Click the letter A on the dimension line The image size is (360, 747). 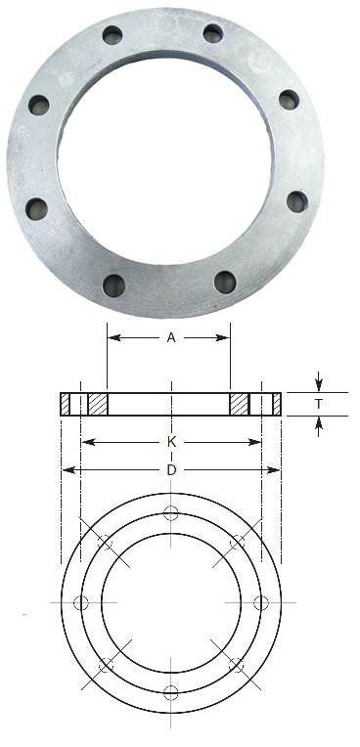171,337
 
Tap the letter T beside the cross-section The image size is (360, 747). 319,404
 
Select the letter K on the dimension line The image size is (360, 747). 171,443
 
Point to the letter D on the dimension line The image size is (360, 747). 171,470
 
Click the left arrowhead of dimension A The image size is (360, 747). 113,337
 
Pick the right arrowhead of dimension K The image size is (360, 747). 255,443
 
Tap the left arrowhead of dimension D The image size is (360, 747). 68,470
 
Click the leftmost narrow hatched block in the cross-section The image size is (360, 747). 66,404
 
